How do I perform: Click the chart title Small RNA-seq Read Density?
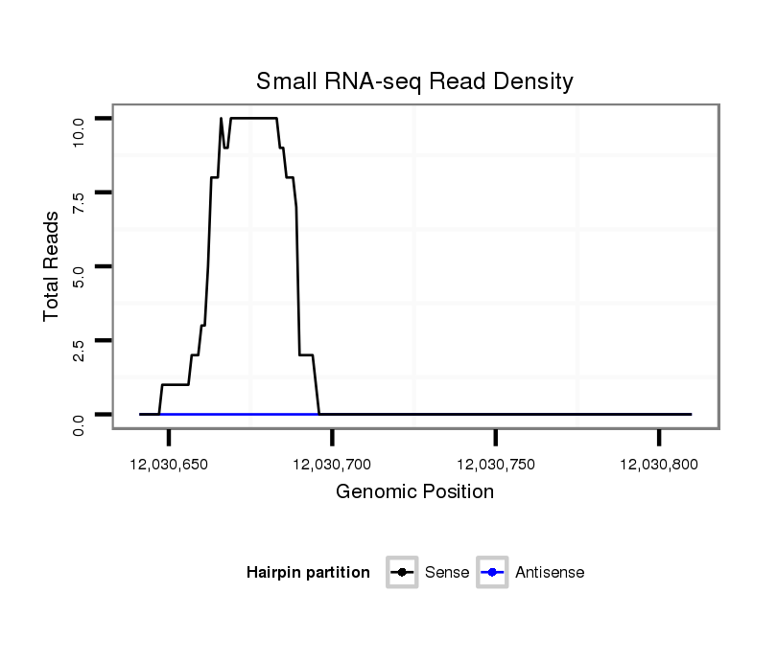pos(414,81)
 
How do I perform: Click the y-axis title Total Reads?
pos(52,266)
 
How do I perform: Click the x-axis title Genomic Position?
pos(414,492)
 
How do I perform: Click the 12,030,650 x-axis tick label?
pos(169,465)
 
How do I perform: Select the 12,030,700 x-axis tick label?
pos(332,465)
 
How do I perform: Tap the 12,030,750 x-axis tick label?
pos(495,465)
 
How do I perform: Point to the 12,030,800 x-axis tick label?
pos(658,465)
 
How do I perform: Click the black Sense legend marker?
pos(402,573)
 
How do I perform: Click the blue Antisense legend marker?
pos(492,573)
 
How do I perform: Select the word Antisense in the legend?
pos(550,573)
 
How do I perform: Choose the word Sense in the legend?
pos(447,573)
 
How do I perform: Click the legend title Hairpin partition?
pos(308,573)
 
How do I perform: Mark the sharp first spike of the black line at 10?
pos(221,119)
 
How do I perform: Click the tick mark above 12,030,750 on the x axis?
pos(495,437)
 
